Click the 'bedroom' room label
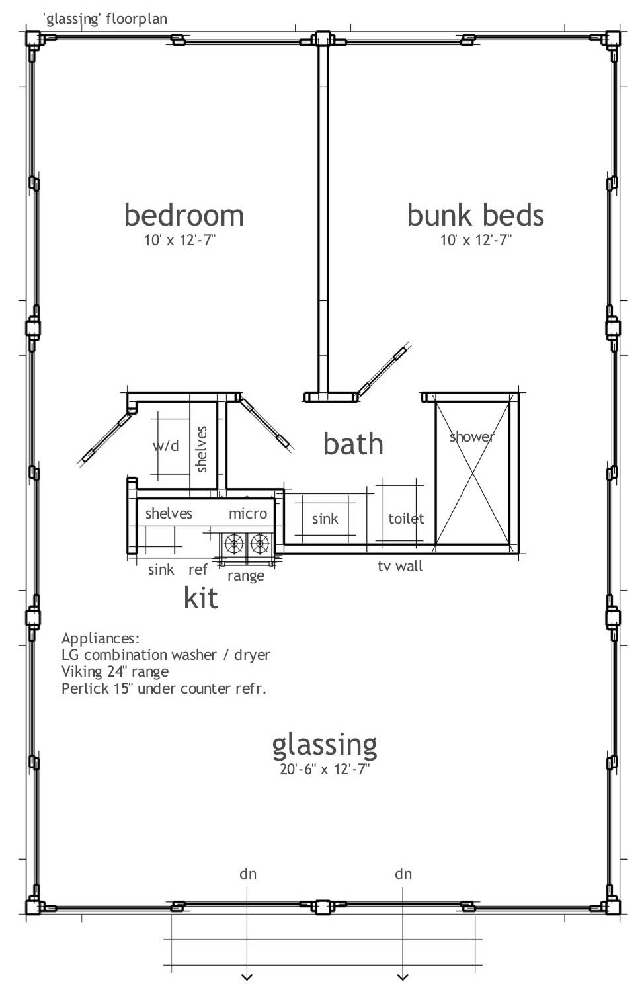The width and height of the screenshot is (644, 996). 184,216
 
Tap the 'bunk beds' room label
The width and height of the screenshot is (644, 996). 475,216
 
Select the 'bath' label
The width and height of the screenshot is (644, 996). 353,444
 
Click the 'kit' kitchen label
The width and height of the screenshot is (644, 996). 200,598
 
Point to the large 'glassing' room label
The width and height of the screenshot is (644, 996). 325,745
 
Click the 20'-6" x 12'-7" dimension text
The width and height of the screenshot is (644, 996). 324,769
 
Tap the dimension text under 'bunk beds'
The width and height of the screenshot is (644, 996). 476,240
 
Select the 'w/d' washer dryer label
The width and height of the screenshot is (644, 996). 166,446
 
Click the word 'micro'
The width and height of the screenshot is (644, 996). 248,513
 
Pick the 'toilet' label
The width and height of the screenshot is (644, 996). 406,519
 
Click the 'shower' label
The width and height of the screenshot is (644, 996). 471,436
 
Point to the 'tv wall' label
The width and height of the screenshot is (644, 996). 400,566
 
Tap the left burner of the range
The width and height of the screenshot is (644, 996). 234,544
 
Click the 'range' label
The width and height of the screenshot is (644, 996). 246,576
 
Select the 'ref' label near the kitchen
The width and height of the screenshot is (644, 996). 198,569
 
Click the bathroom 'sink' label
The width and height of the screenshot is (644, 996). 325,519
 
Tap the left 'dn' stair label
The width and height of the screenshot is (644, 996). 248,874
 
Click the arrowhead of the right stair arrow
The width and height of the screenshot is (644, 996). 403,977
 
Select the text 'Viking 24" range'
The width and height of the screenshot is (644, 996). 115,671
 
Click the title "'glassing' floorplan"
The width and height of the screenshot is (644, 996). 105,19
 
